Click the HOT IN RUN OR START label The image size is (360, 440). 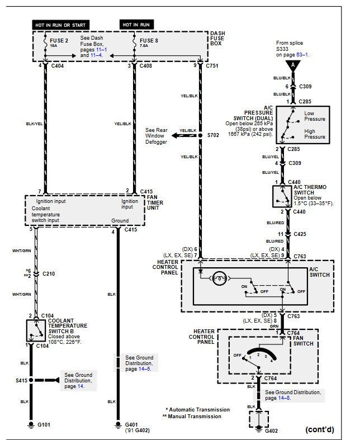(60, 25)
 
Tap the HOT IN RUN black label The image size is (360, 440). (136, 25)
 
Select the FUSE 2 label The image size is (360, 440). (59, 41)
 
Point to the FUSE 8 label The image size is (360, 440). (149, 41)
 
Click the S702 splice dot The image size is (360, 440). (200, 135)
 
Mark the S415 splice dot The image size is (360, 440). (31, 380)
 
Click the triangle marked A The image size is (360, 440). (293, 65)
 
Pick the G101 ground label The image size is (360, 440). (44, 424)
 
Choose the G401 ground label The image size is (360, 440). (131, 424)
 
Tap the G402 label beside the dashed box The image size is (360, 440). (271, 430)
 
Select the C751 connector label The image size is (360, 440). (212, 65)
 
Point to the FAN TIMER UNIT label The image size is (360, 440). (155, 202)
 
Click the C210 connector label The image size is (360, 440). (49, 273)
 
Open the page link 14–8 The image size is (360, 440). (283, 398)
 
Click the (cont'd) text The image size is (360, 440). (320, 429)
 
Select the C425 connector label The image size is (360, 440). (300, 234)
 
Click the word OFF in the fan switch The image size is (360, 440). (238, 355)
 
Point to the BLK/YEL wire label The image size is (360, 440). (34, 124)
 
